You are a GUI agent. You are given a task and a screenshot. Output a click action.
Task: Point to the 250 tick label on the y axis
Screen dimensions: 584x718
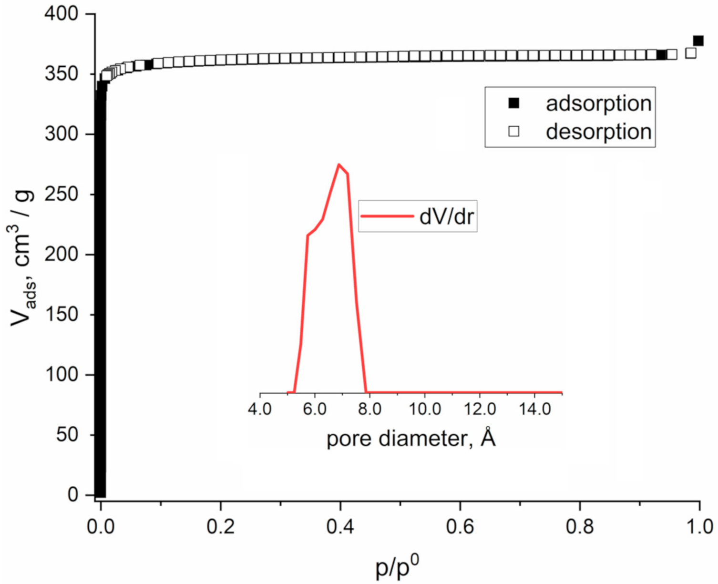click(x=61, y=194)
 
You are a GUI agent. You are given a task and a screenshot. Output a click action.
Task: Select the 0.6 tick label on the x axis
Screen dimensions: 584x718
click(x=460, y=527)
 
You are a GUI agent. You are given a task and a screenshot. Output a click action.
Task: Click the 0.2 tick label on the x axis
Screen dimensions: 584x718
click(x=221, y=527)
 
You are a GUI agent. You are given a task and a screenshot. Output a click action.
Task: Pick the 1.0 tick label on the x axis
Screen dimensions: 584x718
click(x=699, y=527)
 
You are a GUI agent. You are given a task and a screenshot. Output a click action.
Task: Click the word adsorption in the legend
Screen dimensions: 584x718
click(x=598, y=103)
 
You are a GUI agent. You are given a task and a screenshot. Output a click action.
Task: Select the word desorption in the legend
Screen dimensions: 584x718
click(x=598, y=131)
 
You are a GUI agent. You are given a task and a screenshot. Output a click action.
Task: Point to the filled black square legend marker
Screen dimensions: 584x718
click(x=513, y=103)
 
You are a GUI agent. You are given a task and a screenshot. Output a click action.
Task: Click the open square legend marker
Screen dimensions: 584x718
click(x=513, y=131)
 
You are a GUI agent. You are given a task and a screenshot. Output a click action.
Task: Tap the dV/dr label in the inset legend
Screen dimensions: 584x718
click(x=446, y=216)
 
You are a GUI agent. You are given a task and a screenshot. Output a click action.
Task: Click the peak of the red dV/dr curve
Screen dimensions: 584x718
click(x=338, y=165)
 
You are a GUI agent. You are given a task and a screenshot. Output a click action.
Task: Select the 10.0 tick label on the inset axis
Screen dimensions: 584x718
click(x=425, y=409)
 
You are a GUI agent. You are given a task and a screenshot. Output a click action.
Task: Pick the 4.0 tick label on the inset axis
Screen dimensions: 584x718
click(x=260, y=409)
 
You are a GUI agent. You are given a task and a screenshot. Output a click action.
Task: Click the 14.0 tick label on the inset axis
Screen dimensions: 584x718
click(x=534, y=409)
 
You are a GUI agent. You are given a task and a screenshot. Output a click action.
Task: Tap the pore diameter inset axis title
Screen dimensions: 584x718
click(x=411, y=438)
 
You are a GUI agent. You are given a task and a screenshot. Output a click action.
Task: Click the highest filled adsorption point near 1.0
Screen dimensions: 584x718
click(x=698, y=41)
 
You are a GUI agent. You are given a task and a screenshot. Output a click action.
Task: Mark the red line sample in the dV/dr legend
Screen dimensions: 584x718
click(x=387, y=216)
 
